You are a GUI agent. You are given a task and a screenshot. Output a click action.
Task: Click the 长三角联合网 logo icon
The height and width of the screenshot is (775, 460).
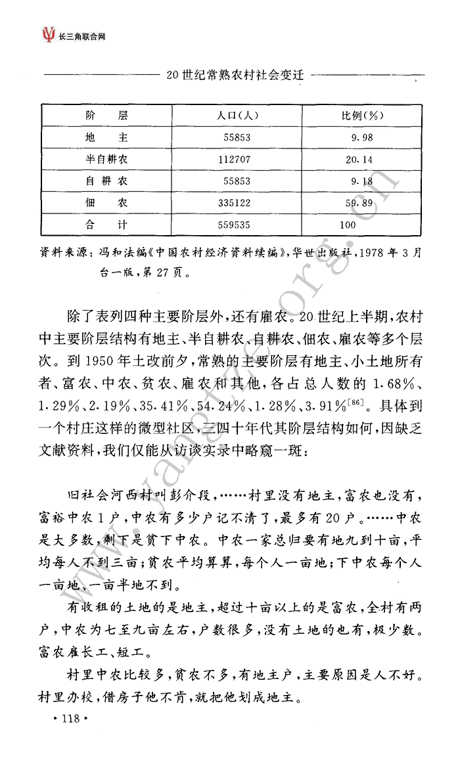[48, 33]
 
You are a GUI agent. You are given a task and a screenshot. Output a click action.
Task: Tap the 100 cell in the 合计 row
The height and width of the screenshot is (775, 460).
[348, 225]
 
